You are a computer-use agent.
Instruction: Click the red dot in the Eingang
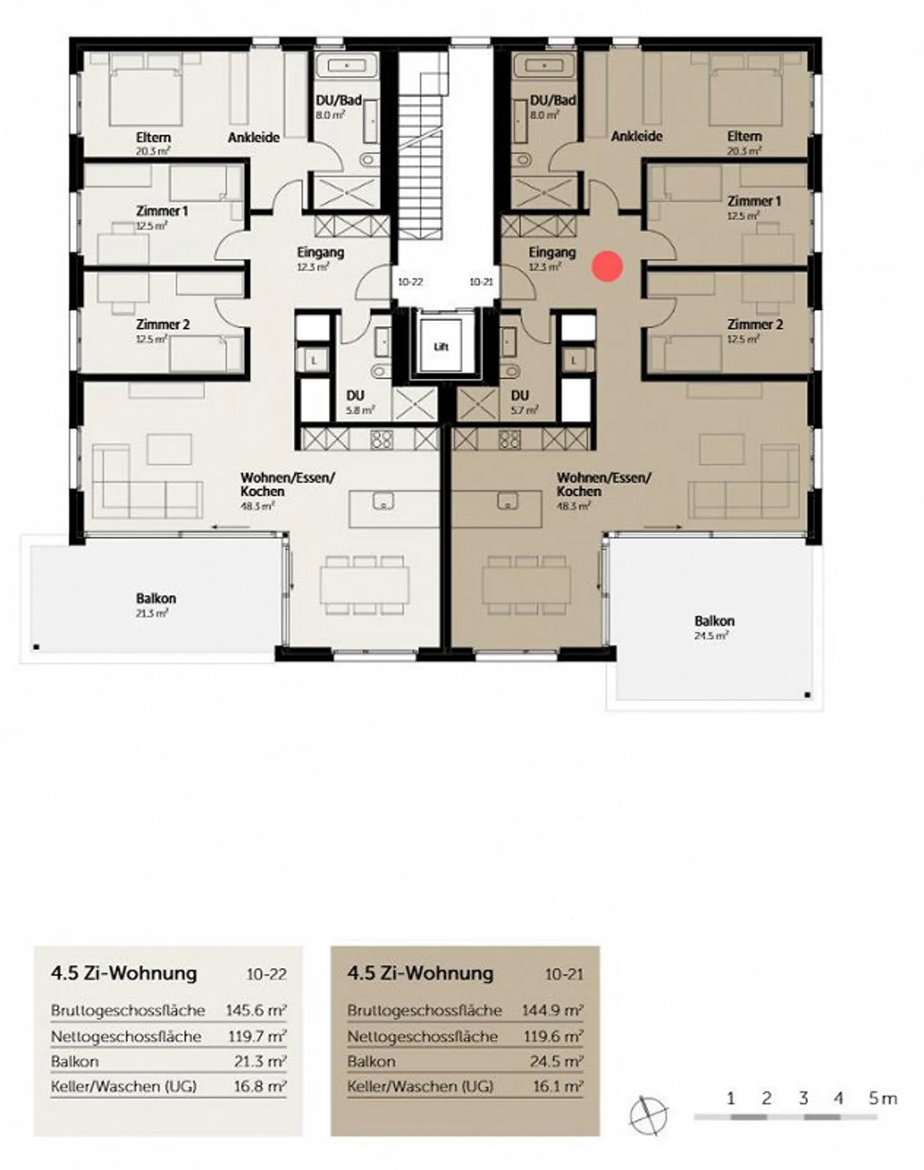coord(607,266)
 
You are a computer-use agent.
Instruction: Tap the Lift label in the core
coord(441,347)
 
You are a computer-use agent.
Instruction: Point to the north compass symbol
coord(647,1115)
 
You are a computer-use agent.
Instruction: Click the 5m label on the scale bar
coord(882,1098)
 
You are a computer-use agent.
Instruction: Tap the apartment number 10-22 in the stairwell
coord(410,282)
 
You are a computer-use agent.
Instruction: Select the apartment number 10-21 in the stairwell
coord(481,282)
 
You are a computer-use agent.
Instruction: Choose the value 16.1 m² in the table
coord(557,1086)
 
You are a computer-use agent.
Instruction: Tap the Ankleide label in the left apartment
coord(253,137)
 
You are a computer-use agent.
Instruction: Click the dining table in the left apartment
coord(364,584)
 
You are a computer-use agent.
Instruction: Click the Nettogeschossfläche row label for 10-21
coord(422,1037)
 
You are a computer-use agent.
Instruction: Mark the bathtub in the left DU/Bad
coord(346,66)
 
